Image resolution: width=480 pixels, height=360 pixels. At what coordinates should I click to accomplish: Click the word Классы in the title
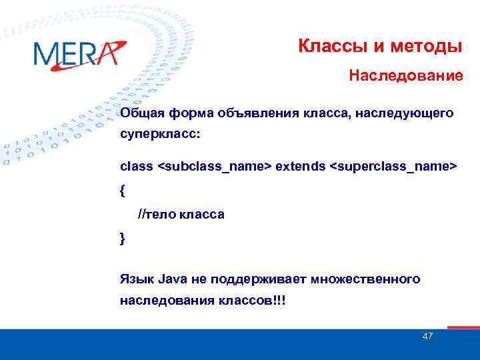pos(325,47)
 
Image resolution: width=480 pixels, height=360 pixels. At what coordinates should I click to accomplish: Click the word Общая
pos(142,113)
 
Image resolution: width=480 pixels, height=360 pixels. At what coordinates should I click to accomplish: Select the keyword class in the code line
pos(136,165)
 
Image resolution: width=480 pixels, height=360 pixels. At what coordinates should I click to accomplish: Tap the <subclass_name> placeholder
pos(214,165)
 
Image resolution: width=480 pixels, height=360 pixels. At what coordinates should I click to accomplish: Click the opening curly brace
pos(123,190)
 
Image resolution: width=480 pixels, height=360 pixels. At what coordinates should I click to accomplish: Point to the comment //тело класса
pos(181,215)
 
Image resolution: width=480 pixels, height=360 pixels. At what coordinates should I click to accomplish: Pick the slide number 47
pos(427,336)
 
